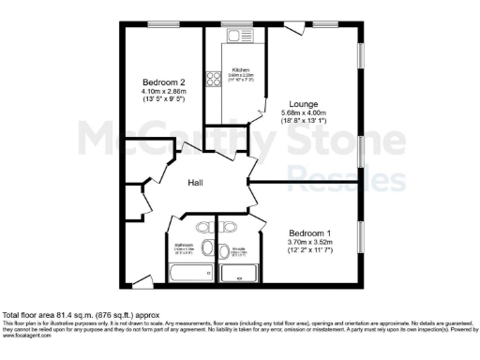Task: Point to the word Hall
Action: coord(196,182)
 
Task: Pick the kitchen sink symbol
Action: coord(234,37)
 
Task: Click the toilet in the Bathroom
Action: coord(203,228)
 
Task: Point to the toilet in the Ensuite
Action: coord(231,228)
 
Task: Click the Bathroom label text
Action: coord(183,247)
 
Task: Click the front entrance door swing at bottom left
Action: coord(141,279)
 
